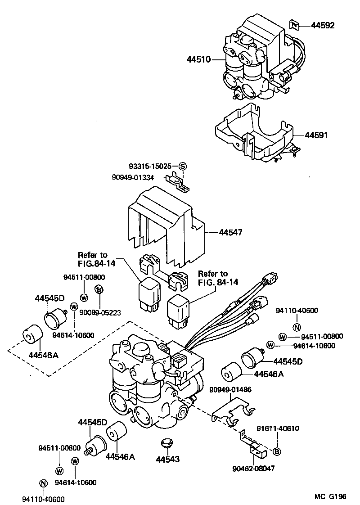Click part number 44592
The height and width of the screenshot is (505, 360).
(x=322, y=26)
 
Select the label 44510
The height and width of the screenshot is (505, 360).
(x=198, y=59)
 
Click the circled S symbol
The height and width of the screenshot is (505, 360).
(x=182, y=167)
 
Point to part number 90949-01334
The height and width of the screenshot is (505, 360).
(x=133, y=178)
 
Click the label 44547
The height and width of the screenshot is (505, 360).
(x=230, y=233)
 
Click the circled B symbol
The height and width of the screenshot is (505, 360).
(x=277, y=452)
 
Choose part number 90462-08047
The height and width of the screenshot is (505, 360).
(x=253, y=469)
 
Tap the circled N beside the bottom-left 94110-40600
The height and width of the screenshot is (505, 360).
(x=43, y=483)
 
